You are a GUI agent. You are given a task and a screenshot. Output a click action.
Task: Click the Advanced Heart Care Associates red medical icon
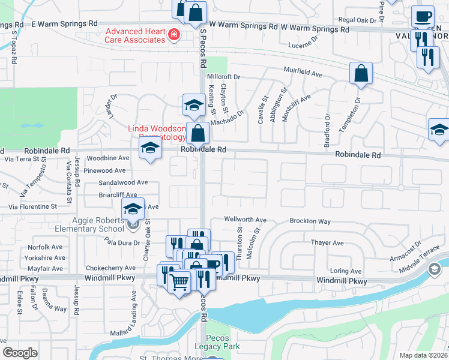(173, 35)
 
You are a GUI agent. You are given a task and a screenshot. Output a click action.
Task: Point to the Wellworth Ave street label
(246, 220)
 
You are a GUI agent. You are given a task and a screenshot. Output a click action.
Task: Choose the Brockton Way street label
(310, 221)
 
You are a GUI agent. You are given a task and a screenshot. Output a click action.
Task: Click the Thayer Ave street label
(327, 243)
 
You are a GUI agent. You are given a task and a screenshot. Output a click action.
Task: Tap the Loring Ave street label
(346, 271)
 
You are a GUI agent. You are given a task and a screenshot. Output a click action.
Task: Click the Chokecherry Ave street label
(111, 268)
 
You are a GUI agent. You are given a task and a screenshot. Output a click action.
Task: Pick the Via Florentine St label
(32, 206)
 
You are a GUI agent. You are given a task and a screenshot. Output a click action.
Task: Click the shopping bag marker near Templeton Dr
(361, 74)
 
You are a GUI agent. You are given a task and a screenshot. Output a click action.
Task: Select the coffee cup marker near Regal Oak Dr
(423, 17)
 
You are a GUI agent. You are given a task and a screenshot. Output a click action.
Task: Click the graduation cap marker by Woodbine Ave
(150, 149)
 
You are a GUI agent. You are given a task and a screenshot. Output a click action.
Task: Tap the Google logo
(20, 353)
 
